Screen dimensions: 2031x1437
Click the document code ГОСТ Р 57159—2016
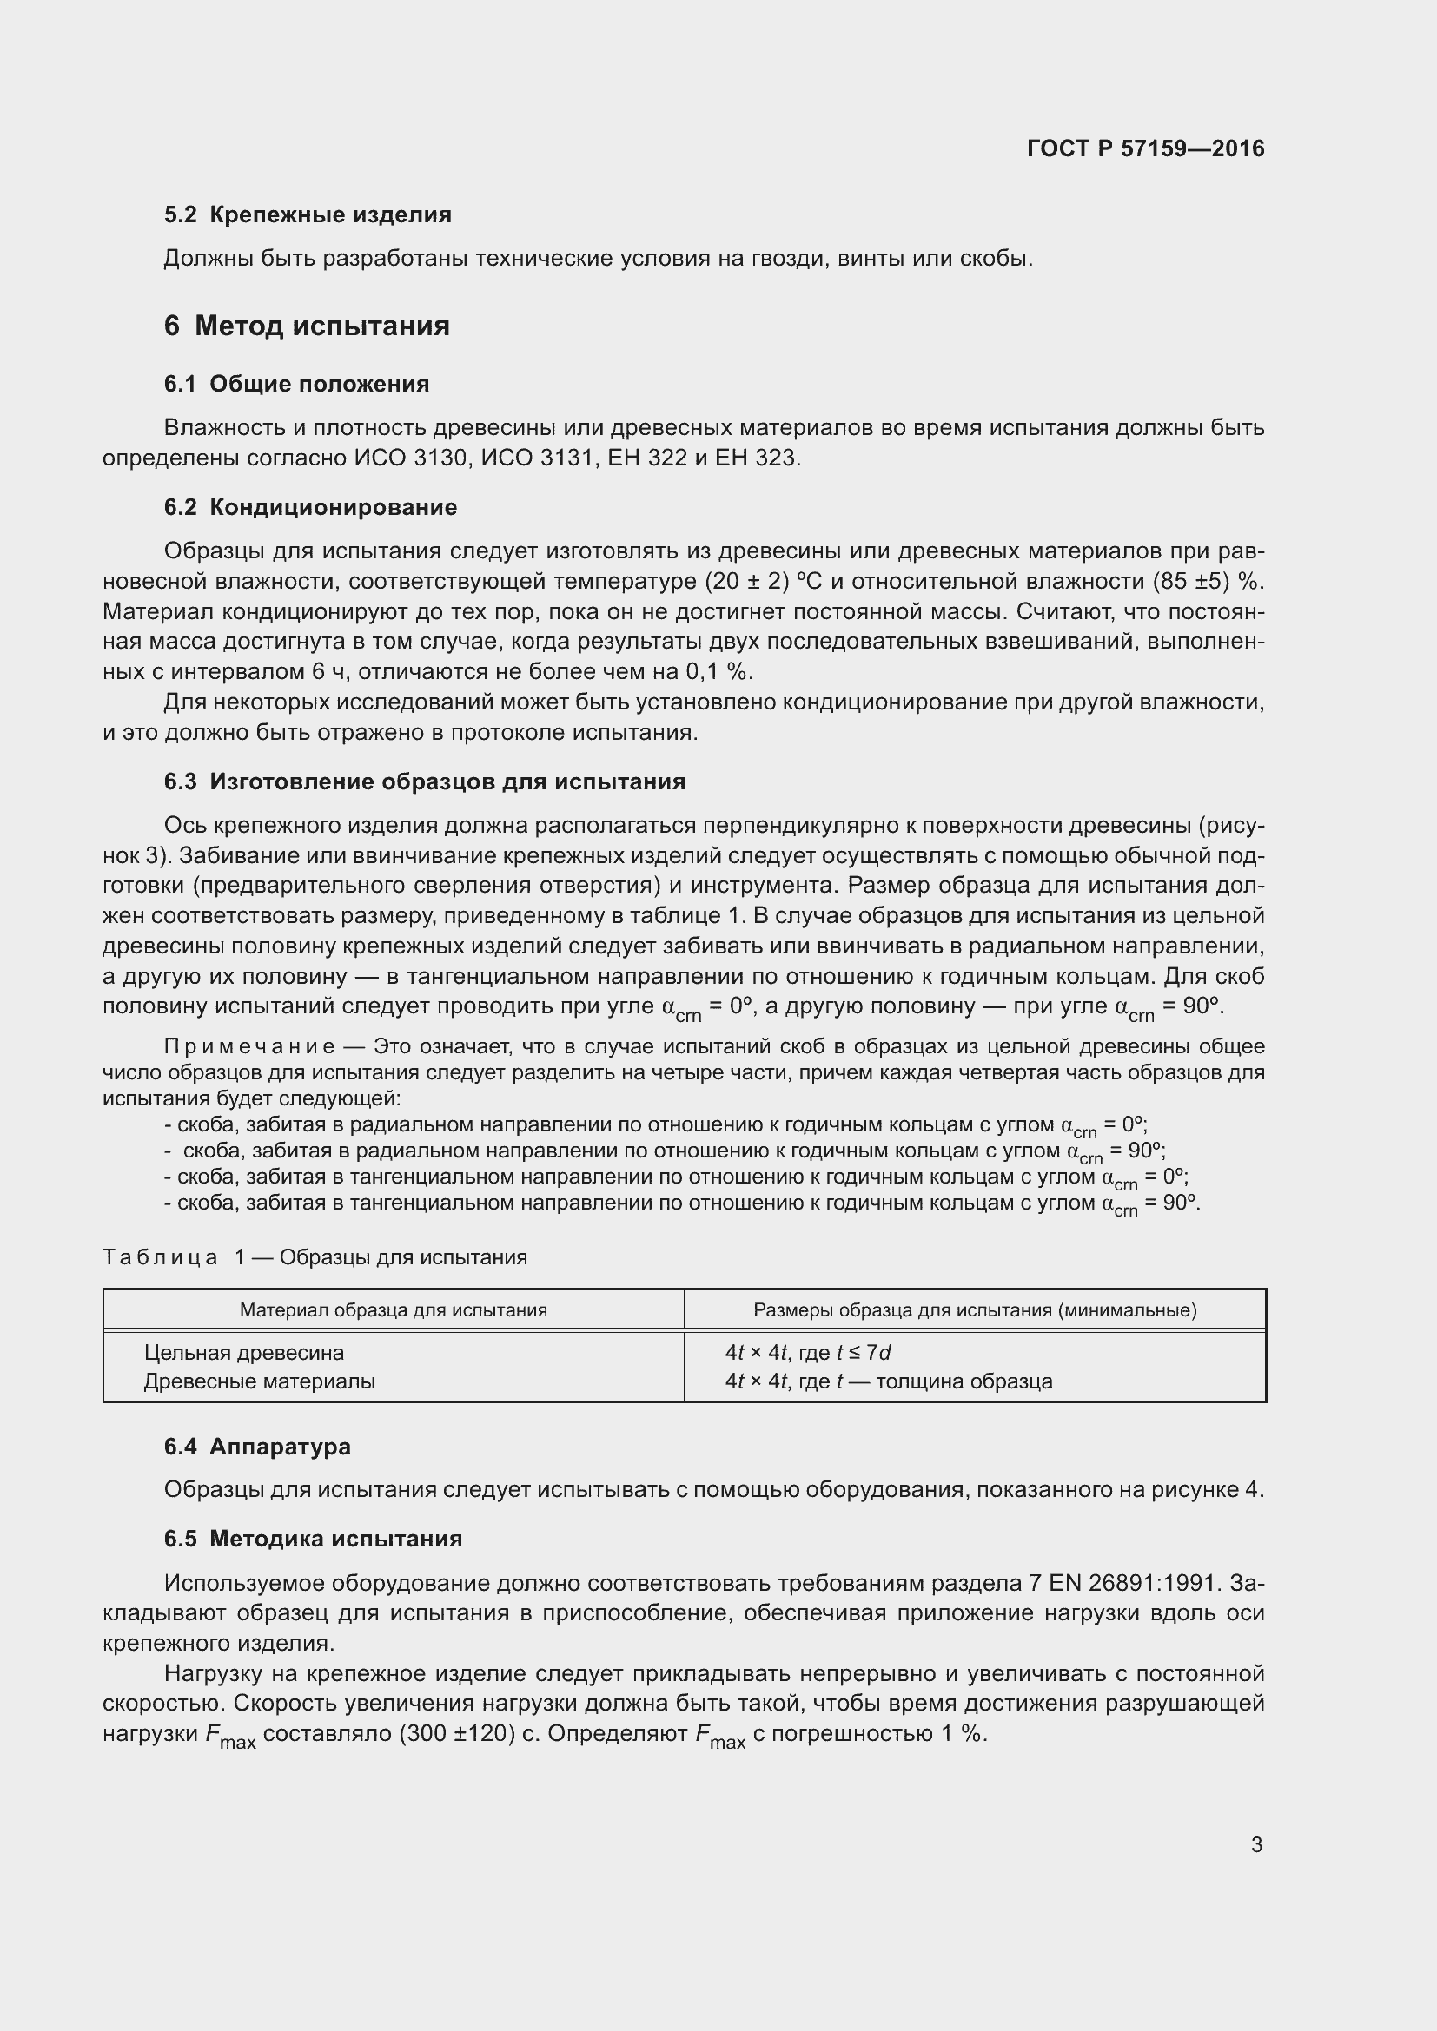(x=1145, y=148)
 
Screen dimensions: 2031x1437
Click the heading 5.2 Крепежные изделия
(x=307, y=215)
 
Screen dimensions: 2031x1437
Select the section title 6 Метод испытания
(x=306, y=326)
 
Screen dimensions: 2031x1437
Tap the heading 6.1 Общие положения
(x=296, y=384)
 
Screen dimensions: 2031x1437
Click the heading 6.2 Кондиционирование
(x=309, y=507)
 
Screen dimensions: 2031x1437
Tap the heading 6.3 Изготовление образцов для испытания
(x=425, y=781)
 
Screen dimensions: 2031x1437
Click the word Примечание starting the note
(x=249, y=1046)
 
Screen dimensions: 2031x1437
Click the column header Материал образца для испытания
(x=393, y=1309)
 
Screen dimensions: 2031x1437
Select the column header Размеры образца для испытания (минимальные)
(x=974, y=1309)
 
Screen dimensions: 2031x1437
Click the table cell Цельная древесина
(x=244, y=1353)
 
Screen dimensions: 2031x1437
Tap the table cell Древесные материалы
(x=259, y=1381)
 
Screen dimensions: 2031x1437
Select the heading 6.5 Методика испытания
(x=313, y=1539)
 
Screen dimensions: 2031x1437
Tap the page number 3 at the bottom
(x=1256, y=1844)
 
